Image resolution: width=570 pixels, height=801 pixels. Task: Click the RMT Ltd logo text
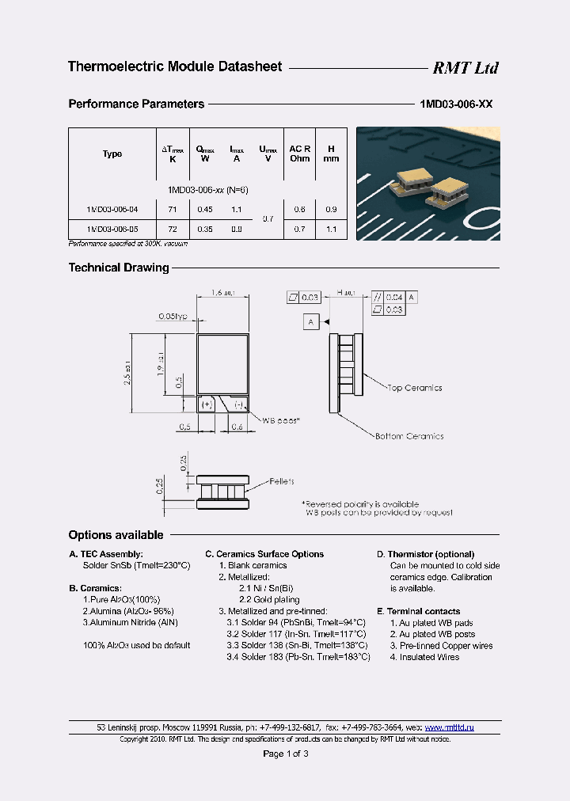tap(465, 68)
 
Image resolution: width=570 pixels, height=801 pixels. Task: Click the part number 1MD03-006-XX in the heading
tap(455, 104)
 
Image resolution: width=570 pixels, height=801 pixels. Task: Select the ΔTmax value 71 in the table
tap(173, 209)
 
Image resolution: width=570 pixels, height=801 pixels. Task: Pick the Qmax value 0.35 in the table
tap(204, 229)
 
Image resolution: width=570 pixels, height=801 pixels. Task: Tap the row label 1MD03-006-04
tap(112, 209)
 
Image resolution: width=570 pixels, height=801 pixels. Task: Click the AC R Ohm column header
tap(300, 154)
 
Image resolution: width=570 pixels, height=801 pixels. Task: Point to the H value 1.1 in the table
tap(331, 229)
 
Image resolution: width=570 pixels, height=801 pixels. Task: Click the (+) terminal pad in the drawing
tap(207, 404)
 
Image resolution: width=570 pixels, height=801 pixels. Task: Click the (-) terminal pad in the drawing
tap(238, 404)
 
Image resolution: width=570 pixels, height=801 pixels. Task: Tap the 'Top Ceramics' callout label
tap(414, 388)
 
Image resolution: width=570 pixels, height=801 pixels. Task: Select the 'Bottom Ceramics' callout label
tap(409, 436)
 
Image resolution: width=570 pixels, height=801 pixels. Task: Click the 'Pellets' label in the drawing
tap(281, 481)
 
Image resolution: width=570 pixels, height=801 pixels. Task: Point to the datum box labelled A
tap(311, 321)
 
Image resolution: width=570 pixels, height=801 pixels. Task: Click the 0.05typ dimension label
tap(173, 316)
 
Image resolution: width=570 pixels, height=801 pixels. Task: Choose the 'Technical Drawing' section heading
tap(119, 268)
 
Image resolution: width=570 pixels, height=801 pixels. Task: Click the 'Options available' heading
tap(116, 535)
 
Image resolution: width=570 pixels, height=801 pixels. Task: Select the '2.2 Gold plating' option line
tap(263, 600)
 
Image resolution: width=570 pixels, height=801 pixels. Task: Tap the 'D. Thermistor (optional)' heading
tap(425, 554)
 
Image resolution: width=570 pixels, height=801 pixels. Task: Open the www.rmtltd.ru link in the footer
tap(449, 727)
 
